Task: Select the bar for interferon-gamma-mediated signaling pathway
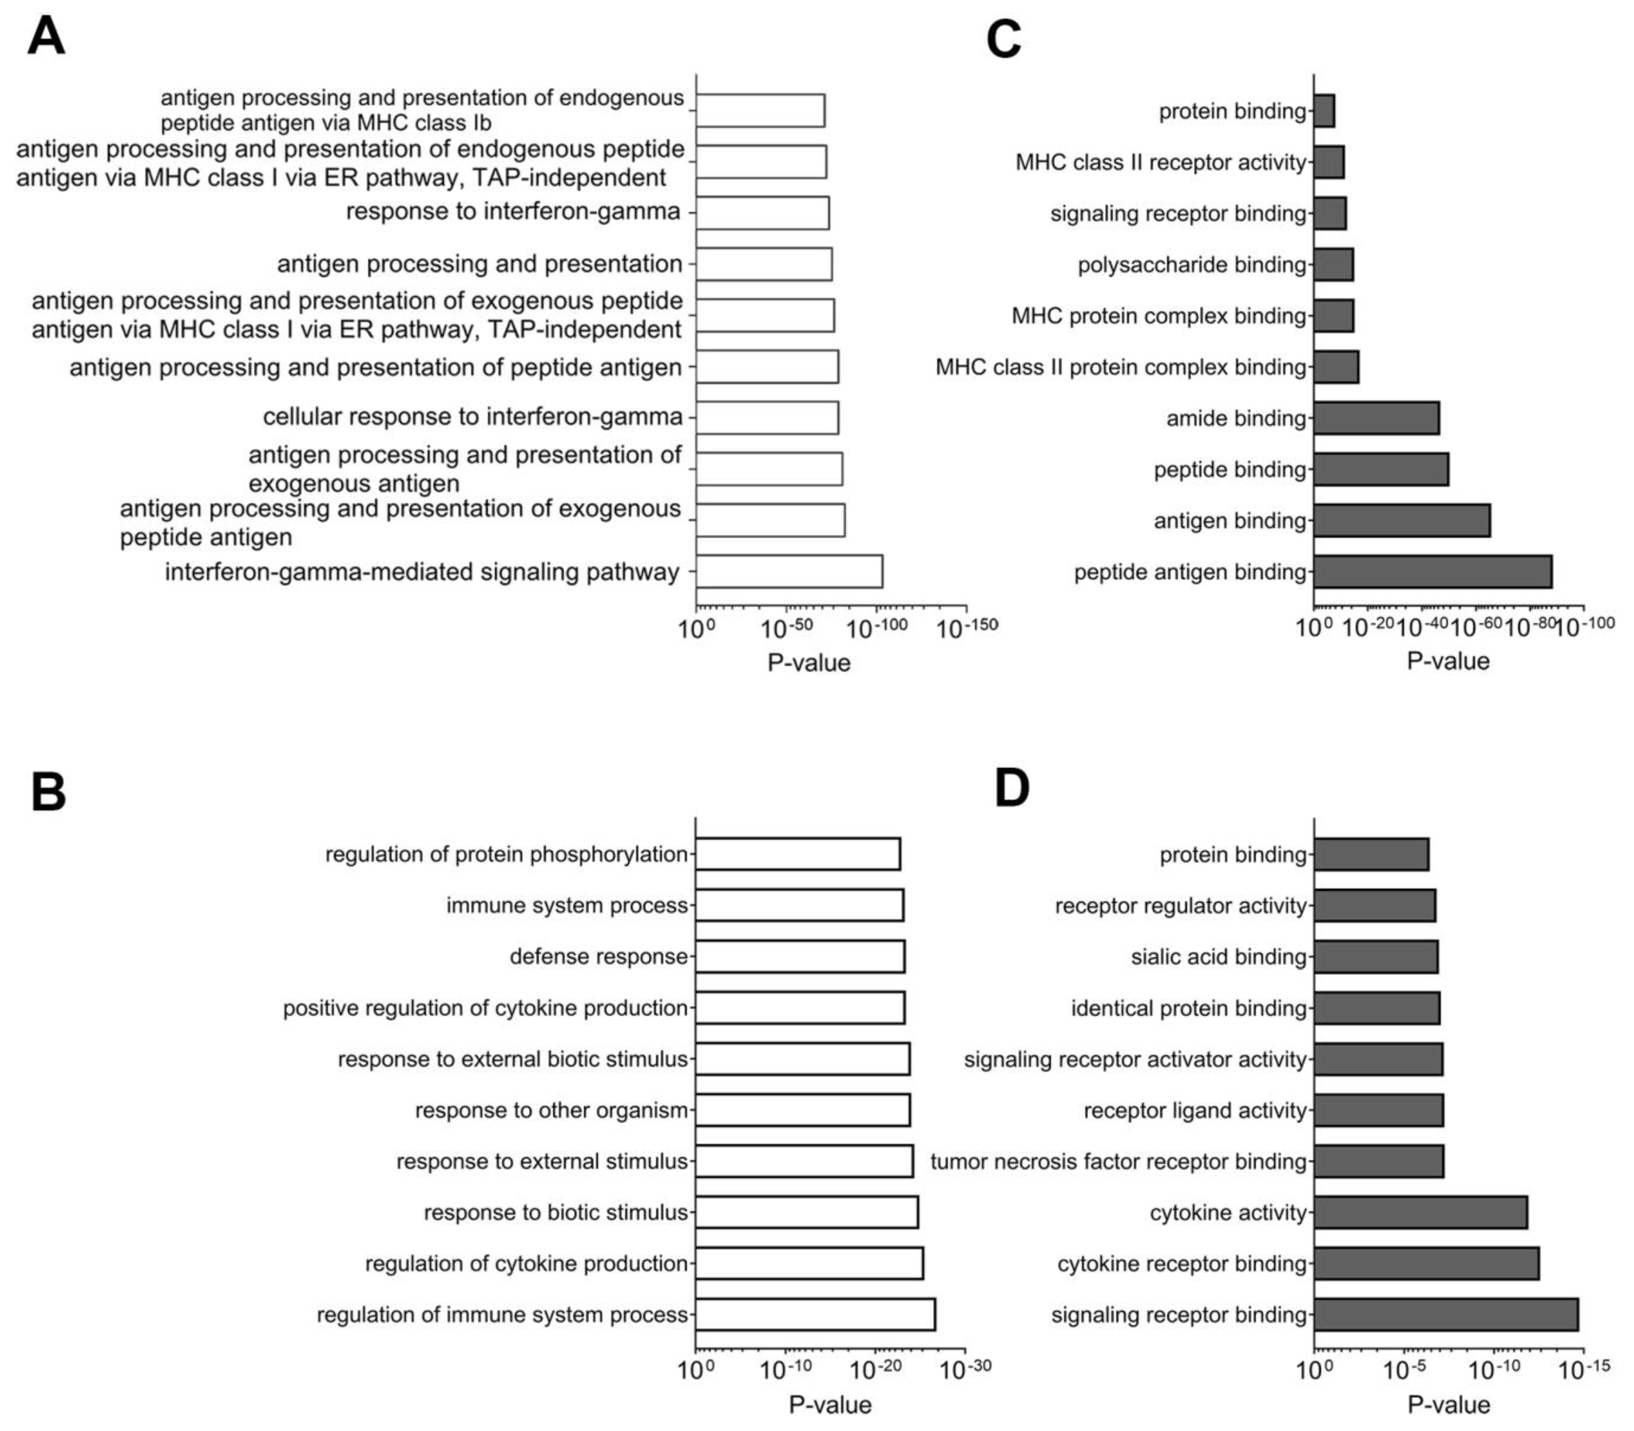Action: pos(789,572)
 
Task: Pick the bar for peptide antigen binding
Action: pos(1432,572)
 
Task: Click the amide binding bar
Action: pos(1376,418)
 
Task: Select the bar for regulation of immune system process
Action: pos(815,1315)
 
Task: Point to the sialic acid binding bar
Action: pos(1375,957)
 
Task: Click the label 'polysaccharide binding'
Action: pos(1192,264)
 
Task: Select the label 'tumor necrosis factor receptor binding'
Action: pos(1118,1161)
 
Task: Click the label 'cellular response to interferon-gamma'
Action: pos(473,417)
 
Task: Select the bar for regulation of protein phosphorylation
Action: pos(797,854)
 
